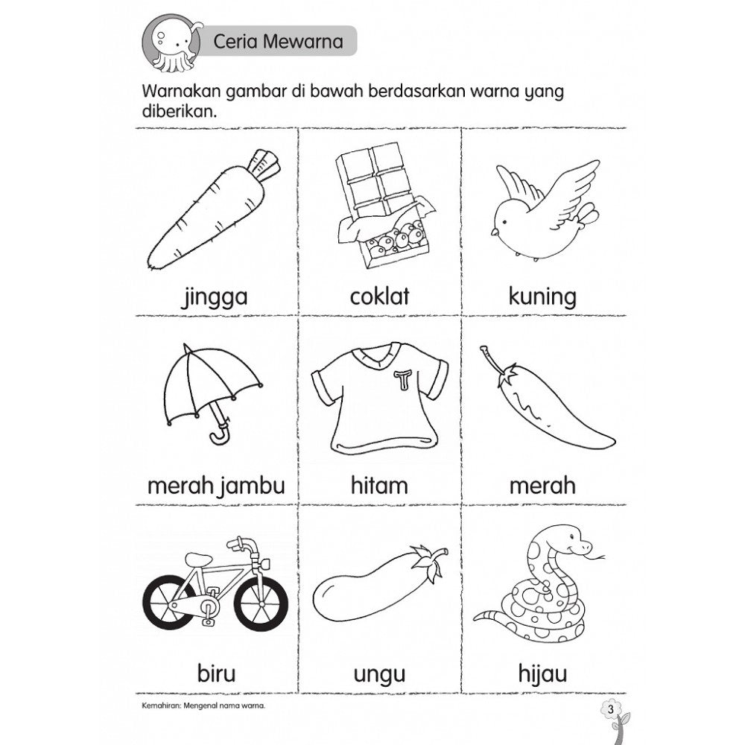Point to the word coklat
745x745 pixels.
[380, 297]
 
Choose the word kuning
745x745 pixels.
[542, 297]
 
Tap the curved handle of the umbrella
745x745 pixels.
[219, 434]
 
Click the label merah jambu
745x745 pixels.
[216, 486]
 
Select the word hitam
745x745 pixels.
[379, 486]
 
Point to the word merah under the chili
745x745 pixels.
[542, 486]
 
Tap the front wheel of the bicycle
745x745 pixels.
[260, 603]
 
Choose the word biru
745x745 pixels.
[216, 674]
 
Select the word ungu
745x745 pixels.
[379, 676]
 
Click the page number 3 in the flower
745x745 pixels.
[610, 707]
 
